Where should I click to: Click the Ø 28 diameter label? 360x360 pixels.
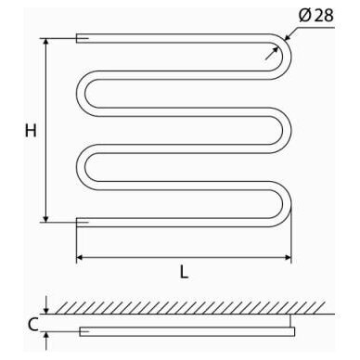316,16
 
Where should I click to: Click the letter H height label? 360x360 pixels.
31,131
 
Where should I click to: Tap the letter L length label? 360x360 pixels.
184,272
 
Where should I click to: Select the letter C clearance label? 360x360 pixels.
32,325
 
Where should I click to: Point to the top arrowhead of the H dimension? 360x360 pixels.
46,42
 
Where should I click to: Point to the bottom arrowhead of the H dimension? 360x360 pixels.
46,219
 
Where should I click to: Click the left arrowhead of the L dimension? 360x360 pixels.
80,257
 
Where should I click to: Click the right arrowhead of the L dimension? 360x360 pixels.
288,257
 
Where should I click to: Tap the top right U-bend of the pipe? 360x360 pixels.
287,57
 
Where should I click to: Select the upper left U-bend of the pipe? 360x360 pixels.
81,94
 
